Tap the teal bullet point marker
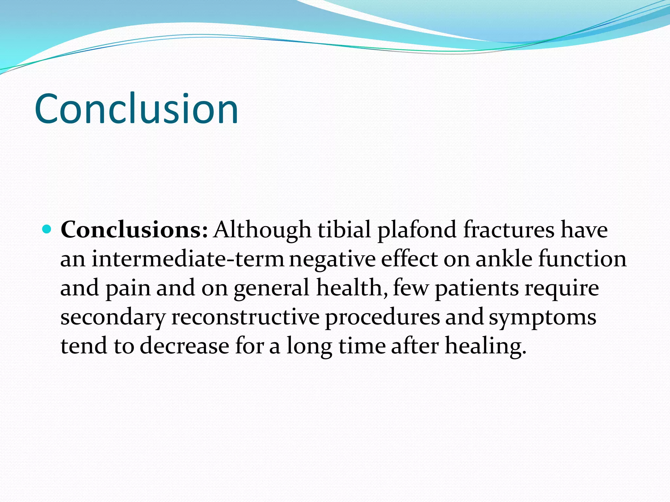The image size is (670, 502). click(x=47, y=229)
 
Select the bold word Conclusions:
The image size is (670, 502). click(x=134, y=229)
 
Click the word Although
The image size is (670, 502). click(x=262, y=230)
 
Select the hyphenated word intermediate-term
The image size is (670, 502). click(x=188, y=259)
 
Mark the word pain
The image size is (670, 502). click(x=128, y=288)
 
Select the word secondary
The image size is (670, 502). click(x=113, y=317)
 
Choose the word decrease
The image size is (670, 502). click(x=185, y=346)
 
